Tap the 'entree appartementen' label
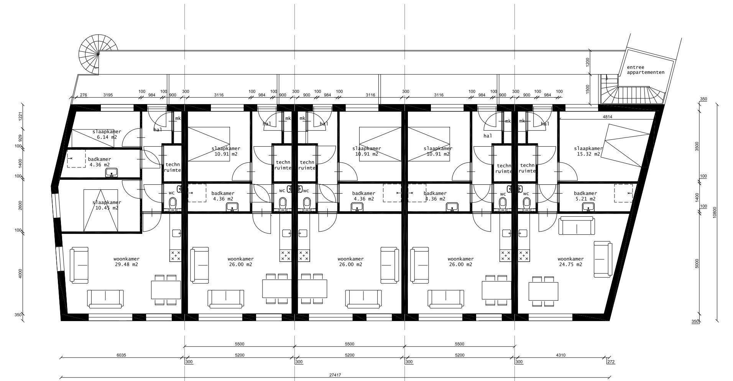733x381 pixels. [646, 70]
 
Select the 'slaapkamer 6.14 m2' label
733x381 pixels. [107, 134]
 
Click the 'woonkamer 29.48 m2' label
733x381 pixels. [126, 262]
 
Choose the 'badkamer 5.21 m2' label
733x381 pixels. [585, 196]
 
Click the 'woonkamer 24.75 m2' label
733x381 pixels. [570, 262]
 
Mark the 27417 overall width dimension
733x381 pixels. [335, 375]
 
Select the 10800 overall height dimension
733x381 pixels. [714, 212]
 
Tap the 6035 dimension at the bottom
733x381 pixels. [121, 355]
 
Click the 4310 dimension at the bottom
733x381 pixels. [560, 355]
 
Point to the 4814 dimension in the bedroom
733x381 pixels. [607, 117]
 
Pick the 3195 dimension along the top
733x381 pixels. [108, 95]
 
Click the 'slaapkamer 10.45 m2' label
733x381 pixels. [107, 205]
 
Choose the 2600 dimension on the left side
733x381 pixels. [21, 206]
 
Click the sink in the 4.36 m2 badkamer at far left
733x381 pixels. [112, 173]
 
